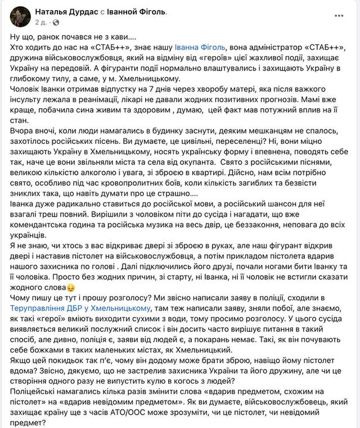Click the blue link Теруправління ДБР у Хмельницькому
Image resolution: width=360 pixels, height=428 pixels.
pyautogui.click(x=80, y=308)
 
